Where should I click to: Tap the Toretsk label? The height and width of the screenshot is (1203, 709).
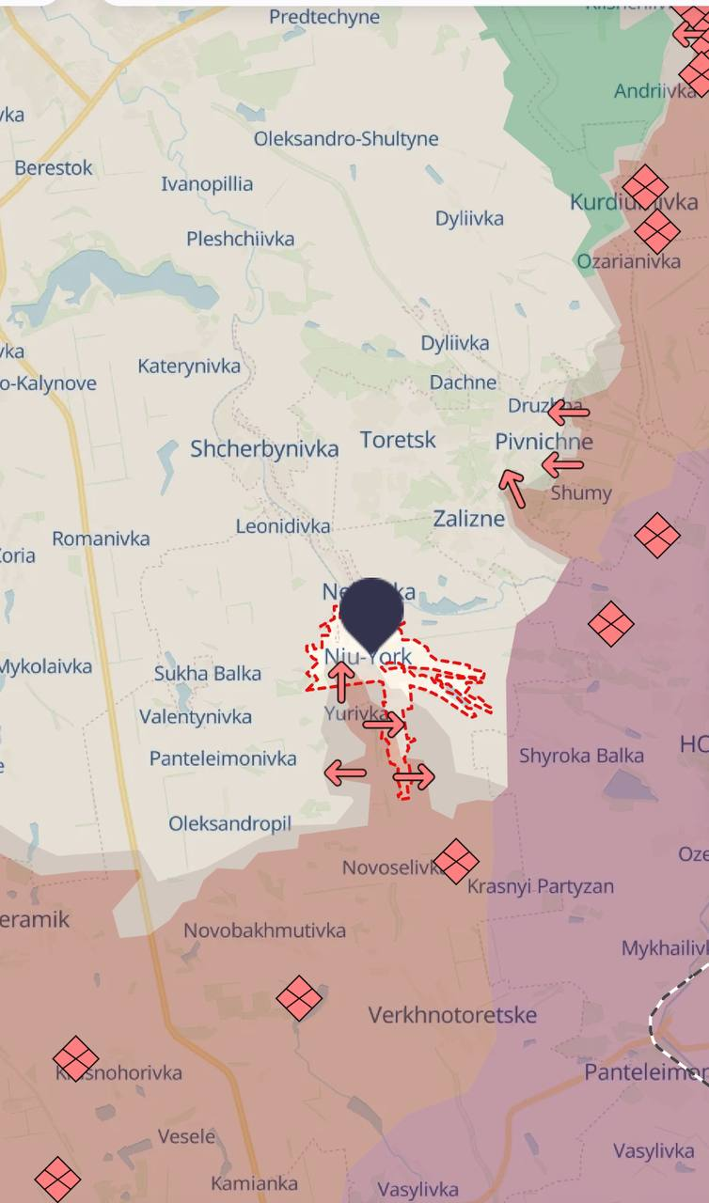(398, 439)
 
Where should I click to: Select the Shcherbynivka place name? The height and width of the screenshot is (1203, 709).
(264, 449)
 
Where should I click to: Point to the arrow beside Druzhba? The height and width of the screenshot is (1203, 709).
(568, 411)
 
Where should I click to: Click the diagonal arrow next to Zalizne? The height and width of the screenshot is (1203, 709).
(512, 488)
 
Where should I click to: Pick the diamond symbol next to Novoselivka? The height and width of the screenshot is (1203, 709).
(456, 861)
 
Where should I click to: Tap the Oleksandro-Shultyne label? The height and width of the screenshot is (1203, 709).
(346, 139)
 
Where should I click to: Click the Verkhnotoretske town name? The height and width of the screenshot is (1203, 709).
(452, 1015)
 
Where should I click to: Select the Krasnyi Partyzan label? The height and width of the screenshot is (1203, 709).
(541, 885)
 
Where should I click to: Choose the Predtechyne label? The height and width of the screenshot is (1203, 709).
(324, 17)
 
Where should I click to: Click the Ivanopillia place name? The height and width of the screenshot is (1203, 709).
(207, 183)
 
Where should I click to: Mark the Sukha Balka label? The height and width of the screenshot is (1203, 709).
(208, 673)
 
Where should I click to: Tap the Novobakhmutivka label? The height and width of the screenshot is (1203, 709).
(264, 930)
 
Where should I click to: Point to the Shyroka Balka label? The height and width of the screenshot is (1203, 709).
(581, 756)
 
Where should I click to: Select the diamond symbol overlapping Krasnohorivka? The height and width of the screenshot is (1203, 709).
(76, 1059)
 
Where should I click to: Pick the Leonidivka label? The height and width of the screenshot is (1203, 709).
(283, 526)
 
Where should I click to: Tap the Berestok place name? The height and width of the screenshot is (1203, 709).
(54, 168)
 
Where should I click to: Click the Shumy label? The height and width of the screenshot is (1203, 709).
(581, 492)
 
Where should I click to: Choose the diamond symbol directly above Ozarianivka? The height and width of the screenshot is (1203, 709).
(656, 231)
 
